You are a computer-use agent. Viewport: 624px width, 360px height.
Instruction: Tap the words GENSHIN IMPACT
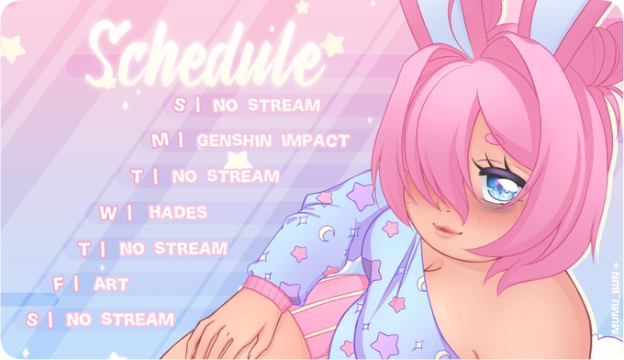click(273, 141)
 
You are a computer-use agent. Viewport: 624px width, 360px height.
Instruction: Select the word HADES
click(178, 212)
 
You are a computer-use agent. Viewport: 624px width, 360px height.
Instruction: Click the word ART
click(111, 285)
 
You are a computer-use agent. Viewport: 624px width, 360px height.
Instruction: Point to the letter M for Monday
click(160, 141)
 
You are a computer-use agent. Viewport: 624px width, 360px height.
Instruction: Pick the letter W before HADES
click(108, 213)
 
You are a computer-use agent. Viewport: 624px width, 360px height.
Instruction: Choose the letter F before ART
click(59, 285)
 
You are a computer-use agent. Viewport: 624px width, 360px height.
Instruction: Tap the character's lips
click(449, 230)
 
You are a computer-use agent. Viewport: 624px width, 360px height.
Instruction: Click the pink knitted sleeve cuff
click(267, 293)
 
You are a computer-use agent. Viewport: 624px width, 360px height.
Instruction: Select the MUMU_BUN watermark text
click(616, 303)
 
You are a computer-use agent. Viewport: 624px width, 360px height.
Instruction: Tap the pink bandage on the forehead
click(495, 139)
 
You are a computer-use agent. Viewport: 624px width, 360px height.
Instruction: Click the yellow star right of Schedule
click(332, 44)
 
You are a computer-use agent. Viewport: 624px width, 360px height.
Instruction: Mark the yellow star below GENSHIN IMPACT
click(238, 160)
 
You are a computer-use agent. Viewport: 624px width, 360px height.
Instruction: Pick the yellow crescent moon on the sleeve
click(327, 233)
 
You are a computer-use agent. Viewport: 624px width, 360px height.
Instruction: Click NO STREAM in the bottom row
click(120, 320)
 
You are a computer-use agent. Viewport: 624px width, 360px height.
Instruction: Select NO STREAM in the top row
click(267, 105)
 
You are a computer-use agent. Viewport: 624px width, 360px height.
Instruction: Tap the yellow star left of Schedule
click(13, 49)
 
